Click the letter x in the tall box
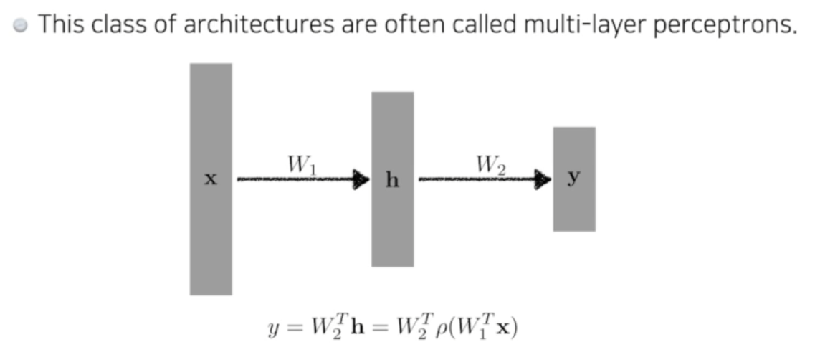tap(210, 179)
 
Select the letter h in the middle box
tap(392, 180)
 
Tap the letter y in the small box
tap(573, 179)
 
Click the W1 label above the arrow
tap(301, 165)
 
